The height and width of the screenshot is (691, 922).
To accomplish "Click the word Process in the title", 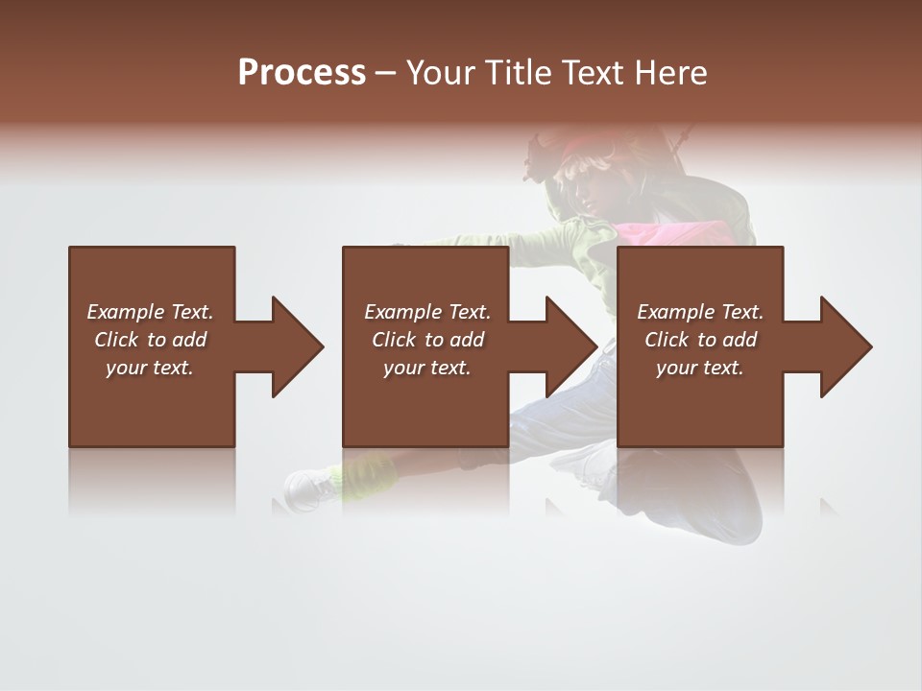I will click(302, 73).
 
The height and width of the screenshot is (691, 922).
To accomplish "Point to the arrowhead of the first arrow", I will click(297, 346).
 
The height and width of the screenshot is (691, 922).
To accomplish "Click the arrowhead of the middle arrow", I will click(571, 346).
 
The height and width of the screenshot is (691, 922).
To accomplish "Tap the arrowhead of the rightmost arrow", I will click(845, 346).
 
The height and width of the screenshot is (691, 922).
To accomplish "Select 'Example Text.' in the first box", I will click(150, 312).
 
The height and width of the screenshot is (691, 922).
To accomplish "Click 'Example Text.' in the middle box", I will click(427, 312).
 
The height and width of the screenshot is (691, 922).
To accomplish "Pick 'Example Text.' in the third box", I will click(700, 312).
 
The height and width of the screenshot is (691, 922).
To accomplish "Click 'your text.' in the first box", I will click(150, 368).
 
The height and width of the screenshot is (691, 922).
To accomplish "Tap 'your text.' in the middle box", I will click(427, 368).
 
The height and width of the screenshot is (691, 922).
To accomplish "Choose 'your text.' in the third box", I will click(700, 368).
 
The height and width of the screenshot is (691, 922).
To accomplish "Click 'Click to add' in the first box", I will click(150, 340).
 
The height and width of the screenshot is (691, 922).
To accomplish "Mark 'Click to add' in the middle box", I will click(427, 340).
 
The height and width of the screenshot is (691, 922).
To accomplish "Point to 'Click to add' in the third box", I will click(700, 340).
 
